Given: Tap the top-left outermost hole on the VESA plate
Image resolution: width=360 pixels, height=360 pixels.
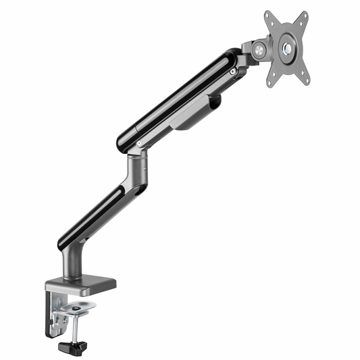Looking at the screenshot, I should (x=268, y=15).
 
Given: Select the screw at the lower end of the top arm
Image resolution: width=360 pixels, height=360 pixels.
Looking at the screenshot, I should (x=139, y=143).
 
